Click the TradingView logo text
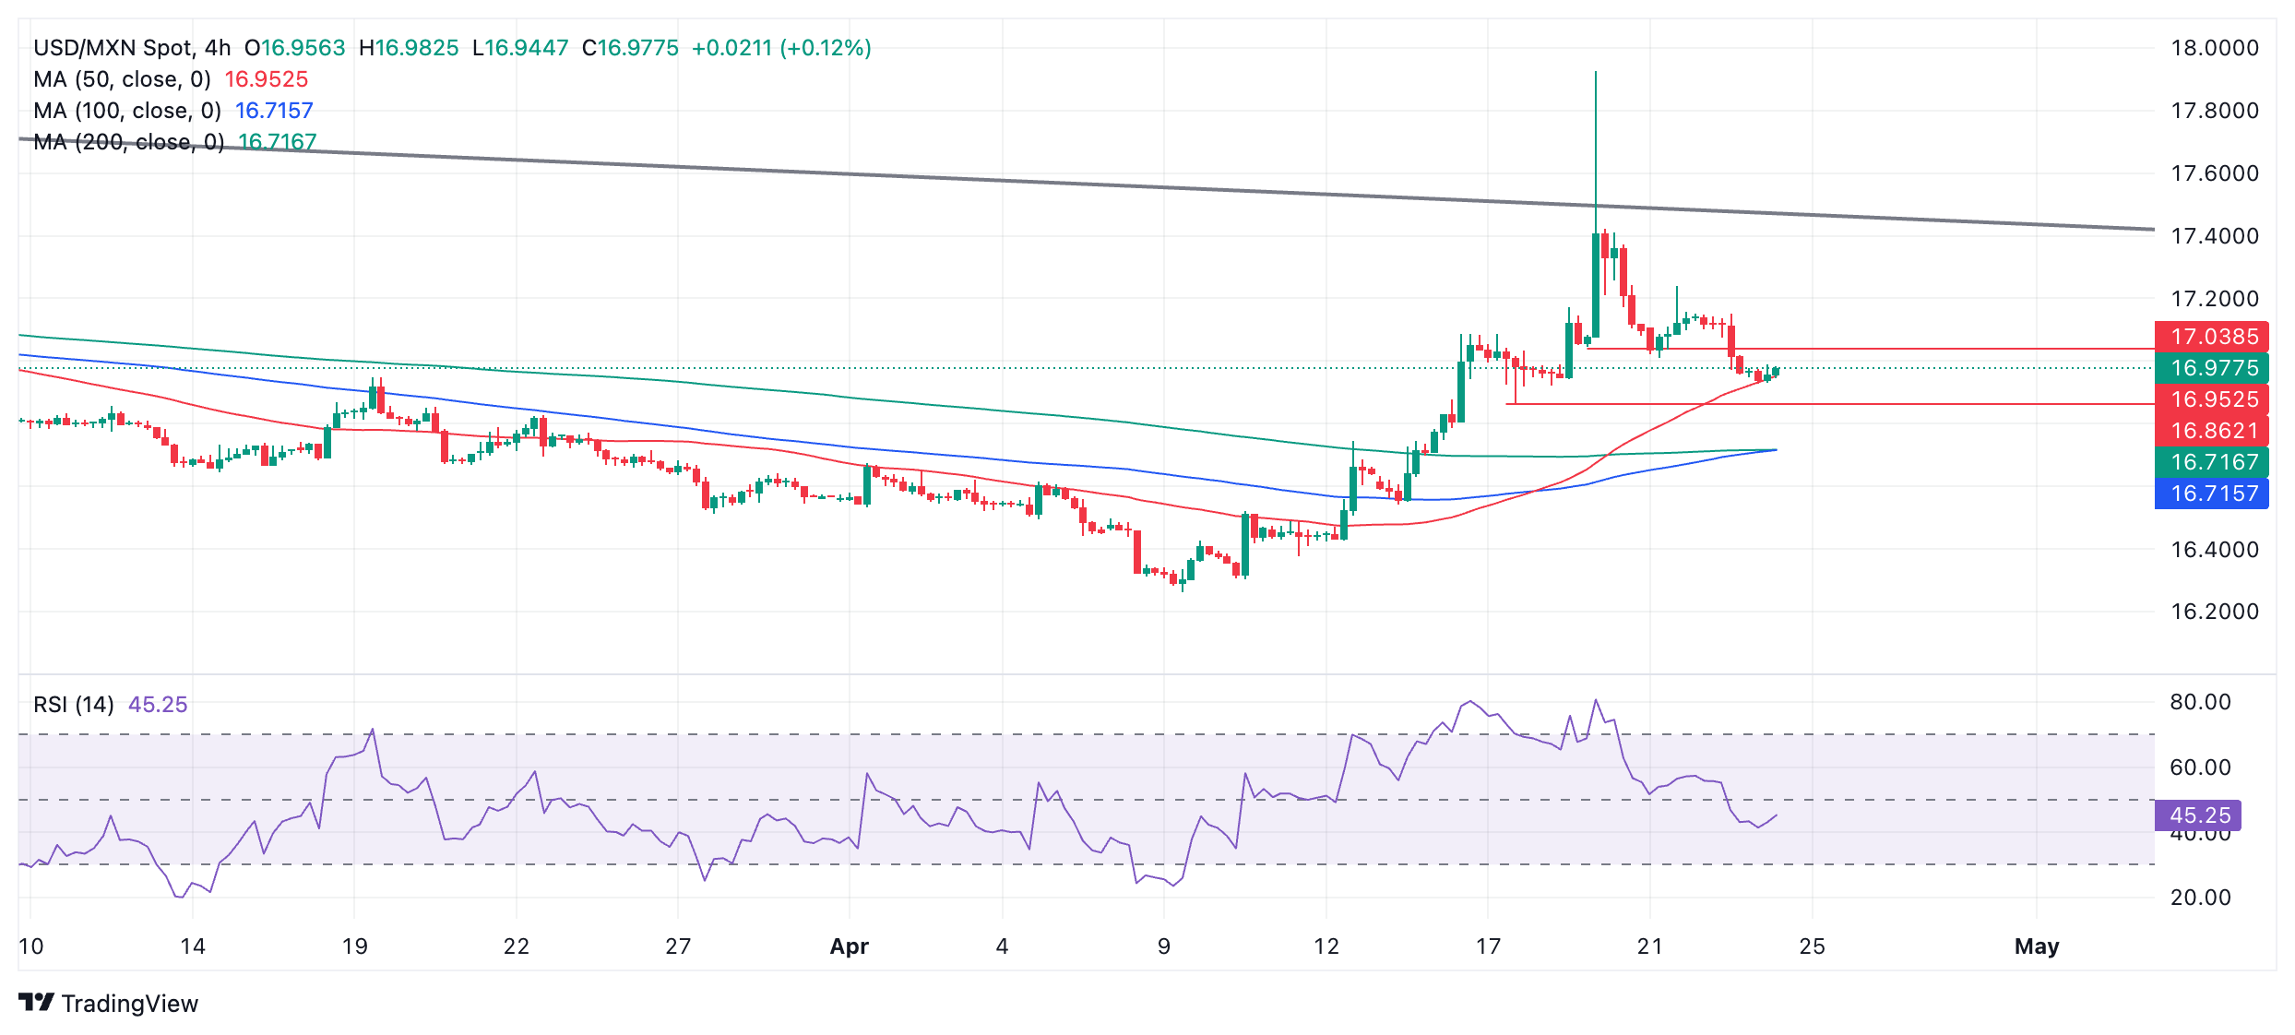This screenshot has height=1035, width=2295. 129,1004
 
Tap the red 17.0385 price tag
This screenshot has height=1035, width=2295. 2213,337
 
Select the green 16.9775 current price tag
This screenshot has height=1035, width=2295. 2213,368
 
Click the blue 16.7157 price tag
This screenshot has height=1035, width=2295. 2213,494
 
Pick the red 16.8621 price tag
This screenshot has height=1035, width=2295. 2213,431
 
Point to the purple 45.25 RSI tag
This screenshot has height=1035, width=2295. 2199,815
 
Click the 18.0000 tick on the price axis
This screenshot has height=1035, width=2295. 2214,48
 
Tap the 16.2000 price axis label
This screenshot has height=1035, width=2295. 2214,612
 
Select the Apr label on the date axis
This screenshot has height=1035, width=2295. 849,946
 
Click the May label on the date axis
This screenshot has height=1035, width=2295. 2036,946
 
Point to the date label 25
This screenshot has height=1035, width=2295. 1812,946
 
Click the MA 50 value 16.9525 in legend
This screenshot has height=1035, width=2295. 266,79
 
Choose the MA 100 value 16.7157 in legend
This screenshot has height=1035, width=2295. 274,111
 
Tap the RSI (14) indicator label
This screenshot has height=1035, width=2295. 74,705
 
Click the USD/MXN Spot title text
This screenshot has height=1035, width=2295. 113,48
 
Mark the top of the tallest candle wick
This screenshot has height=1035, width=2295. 1595,73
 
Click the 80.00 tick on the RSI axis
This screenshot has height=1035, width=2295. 2200,702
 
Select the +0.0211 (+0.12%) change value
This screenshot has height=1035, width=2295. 780,48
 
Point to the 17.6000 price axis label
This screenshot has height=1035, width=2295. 2214,173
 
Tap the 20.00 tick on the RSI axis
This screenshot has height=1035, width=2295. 2200,898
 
